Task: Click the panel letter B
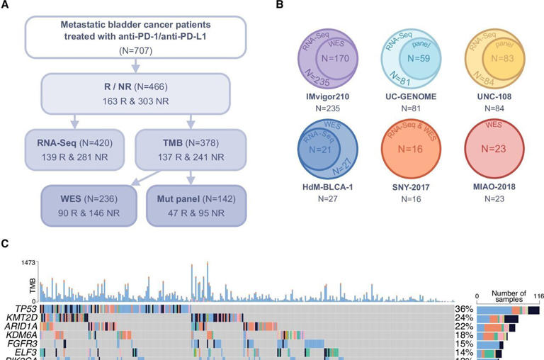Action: [280, 6]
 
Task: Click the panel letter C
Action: [6, 243]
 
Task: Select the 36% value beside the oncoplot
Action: [465, 309]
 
